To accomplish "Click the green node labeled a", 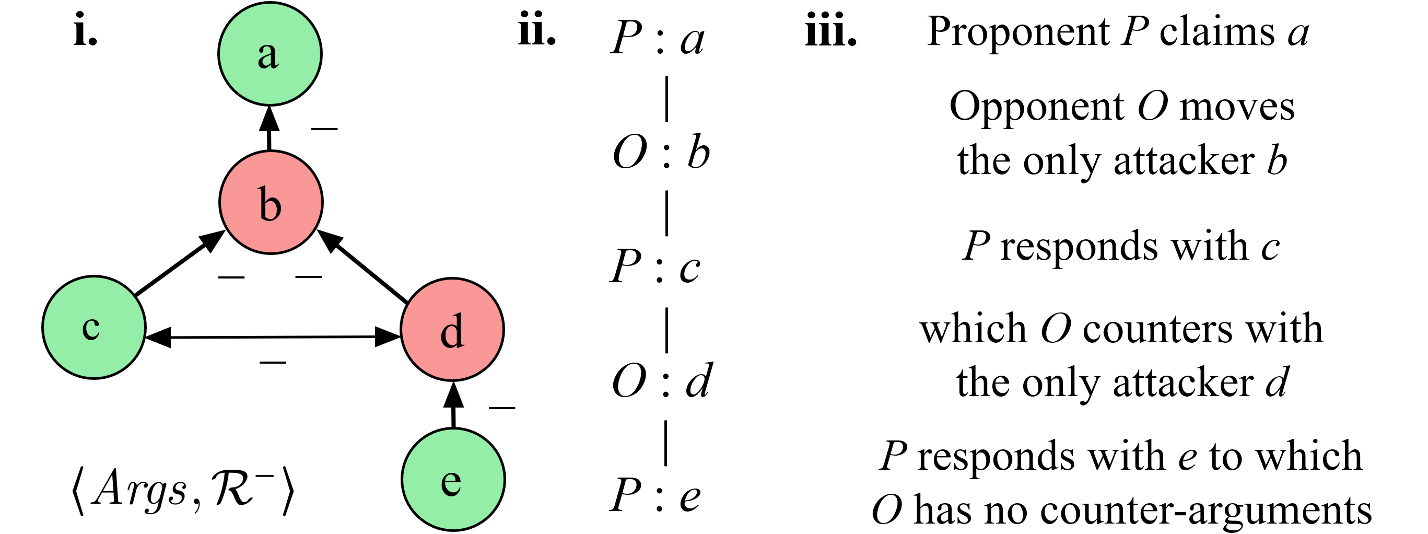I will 270,53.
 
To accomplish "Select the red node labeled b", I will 271,202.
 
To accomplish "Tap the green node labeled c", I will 93,327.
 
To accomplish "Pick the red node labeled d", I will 452,329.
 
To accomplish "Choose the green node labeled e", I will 453,479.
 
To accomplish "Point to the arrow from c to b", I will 178,264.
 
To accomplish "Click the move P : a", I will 658,39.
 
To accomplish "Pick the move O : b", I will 661,153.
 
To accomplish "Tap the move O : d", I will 662,381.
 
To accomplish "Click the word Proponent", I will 1018,33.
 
